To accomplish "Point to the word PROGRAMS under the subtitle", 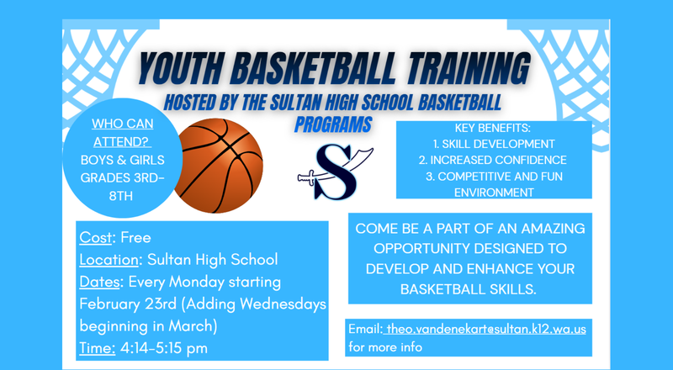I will [x=333, y=124].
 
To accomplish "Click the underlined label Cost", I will [x=95, y=238].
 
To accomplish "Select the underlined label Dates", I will [x=100, y=282].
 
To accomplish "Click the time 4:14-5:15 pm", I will [x=165, y=347].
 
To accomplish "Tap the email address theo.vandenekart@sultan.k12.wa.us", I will [x=485, y=328].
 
